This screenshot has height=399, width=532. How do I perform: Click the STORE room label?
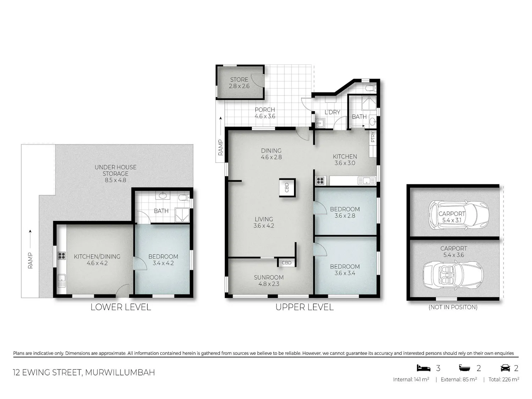[x=239, y=79]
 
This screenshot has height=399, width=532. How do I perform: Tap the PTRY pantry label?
[x=373, y=137]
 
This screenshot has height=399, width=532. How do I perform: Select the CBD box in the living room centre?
[x=287, y=188]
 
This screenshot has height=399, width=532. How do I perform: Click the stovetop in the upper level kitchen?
[x=320, y=181]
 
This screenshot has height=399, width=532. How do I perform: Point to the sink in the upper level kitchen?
[x=366, y=181]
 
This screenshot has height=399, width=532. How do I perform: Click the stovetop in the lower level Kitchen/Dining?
[x=62, y=256]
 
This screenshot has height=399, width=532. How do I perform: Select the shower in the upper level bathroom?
[x=368, y=103]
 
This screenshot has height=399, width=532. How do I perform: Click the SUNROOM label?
[x=268, y=277]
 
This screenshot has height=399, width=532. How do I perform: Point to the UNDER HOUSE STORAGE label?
[x=115, y=170]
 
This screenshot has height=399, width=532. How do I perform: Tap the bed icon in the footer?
[x=423, y=368]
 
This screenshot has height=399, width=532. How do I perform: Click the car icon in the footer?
[x=505, y=368]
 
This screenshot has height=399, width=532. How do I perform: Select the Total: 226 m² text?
[x=504, y=379]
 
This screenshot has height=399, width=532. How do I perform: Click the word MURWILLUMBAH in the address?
[x=120, y=372]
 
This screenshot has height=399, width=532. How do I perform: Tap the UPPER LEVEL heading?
[x=304, y=307]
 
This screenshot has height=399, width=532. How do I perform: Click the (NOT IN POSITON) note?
[x=453, y=307]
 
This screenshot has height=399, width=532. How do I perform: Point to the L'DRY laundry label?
[x=332, y=112]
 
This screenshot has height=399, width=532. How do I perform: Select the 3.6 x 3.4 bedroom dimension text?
[x=345, y=273]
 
